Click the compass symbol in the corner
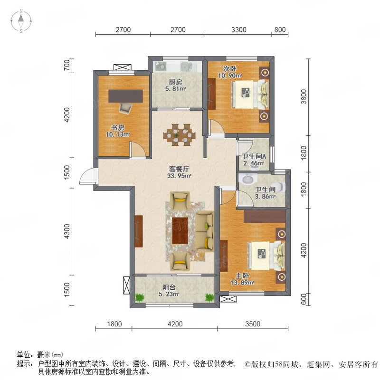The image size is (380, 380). tap(21, 21)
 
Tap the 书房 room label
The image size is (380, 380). tap(117, 127)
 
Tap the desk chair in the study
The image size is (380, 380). tap(124, 107)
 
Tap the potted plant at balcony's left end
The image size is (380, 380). tap(140, 297)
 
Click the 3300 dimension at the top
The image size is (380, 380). tap(239, 30)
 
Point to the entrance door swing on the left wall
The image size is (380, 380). tap(86, 177)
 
